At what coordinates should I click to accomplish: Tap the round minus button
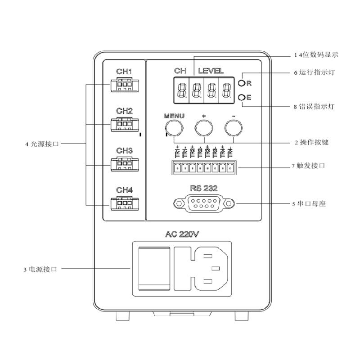pos(233,128)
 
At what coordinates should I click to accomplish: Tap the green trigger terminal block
pos(203,168)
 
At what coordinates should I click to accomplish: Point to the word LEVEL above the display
pos(211,71)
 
